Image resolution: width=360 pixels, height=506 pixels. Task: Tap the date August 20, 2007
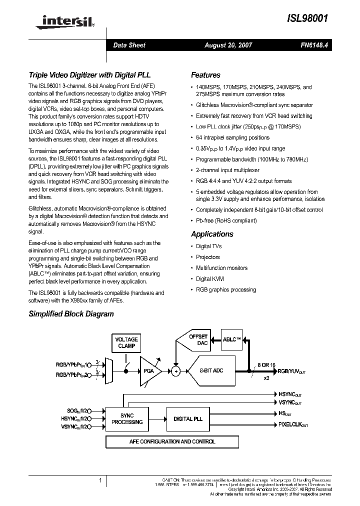point(228,45)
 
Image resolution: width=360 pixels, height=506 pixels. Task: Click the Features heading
point(205,75)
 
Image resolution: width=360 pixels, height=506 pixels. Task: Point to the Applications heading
point(212,234)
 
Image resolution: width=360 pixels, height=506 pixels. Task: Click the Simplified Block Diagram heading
point(71,314)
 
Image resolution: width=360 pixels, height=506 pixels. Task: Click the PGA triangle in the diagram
point(148,370)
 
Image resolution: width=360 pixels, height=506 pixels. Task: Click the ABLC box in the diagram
point(231,339)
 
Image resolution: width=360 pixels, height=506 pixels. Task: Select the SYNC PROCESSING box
point(127,418)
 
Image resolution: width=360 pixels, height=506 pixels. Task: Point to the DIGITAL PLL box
point(188,419)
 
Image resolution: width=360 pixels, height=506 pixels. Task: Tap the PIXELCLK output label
point(293,424)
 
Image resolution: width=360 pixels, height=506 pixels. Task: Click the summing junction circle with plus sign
point(175,371)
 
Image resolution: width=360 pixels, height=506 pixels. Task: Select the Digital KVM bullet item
point(209,279)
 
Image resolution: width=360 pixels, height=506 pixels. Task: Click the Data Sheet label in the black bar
point(129,45)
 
